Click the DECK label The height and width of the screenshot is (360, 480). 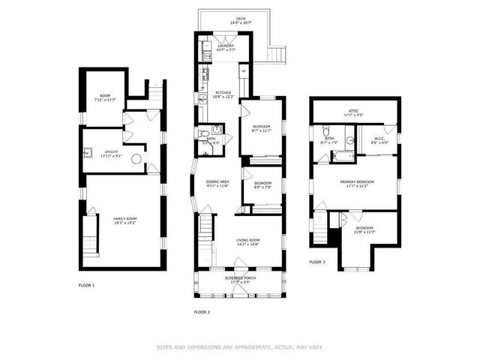241,19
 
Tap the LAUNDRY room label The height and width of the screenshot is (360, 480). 226,45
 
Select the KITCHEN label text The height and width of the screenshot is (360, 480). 213,92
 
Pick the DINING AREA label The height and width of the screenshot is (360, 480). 217,181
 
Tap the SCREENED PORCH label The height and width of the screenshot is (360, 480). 240,279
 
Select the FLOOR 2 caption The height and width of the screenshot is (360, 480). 202,311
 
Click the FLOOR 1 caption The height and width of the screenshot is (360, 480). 86,285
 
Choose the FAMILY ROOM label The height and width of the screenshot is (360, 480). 124,218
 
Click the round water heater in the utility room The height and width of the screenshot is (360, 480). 136,159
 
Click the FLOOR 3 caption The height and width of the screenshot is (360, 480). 317,262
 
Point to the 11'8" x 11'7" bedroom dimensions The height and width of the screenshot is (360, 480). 364,232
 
